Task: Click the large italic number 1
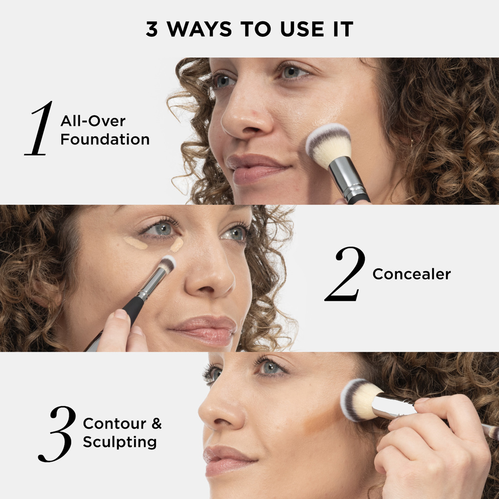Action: pyautogui.click(x=39, y=129)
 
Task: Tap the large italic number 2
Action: pyautogui.click(x=345, y=274)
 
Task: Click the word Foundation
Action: pyautogui.click(x=105, y=139)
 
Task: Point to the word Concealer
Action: pyautogui.click(x=412, y=274)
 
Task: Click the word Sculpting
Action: pyautogui.click(x=120, y=442)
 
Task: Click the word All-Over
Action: pyautogui.click(x=93, y=121)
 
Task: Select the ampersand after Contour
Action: pyautogui.click(x=156, y=424)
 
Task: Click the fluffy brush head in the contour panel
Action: pyautogui.click(x=359, y=399)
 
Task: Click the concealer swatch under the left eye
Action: pyautogui.click(x=135, y=243)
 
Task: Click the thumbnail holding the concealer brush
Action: pyautogui.click(x=120, y=315)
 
